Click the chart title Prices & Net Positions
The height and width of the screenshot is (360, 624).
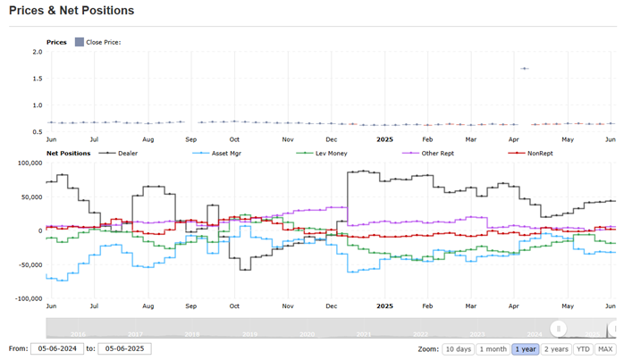72,11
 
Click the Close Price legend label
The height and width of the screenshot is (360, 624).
103,42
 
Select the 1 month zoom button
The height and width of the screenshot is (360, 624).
492,349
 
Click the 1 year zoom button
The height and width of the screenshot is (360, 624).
525,349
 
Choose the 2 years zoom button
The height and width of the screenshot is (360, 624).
557,349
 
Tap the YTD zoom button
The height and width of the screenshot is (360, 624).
584,349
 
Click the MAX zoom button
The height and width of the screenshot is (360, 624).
606,349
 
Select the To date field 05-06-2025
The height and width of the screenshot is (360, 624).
125,349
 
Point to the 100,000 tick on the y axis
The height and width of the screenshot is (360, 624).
29,163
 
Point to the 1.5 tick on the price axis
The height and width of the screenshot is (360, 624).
38,79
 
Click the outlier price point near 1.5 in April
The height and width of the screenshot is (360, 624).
525,69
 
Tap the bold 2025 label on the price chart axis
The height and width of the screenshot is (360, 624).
384,139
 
